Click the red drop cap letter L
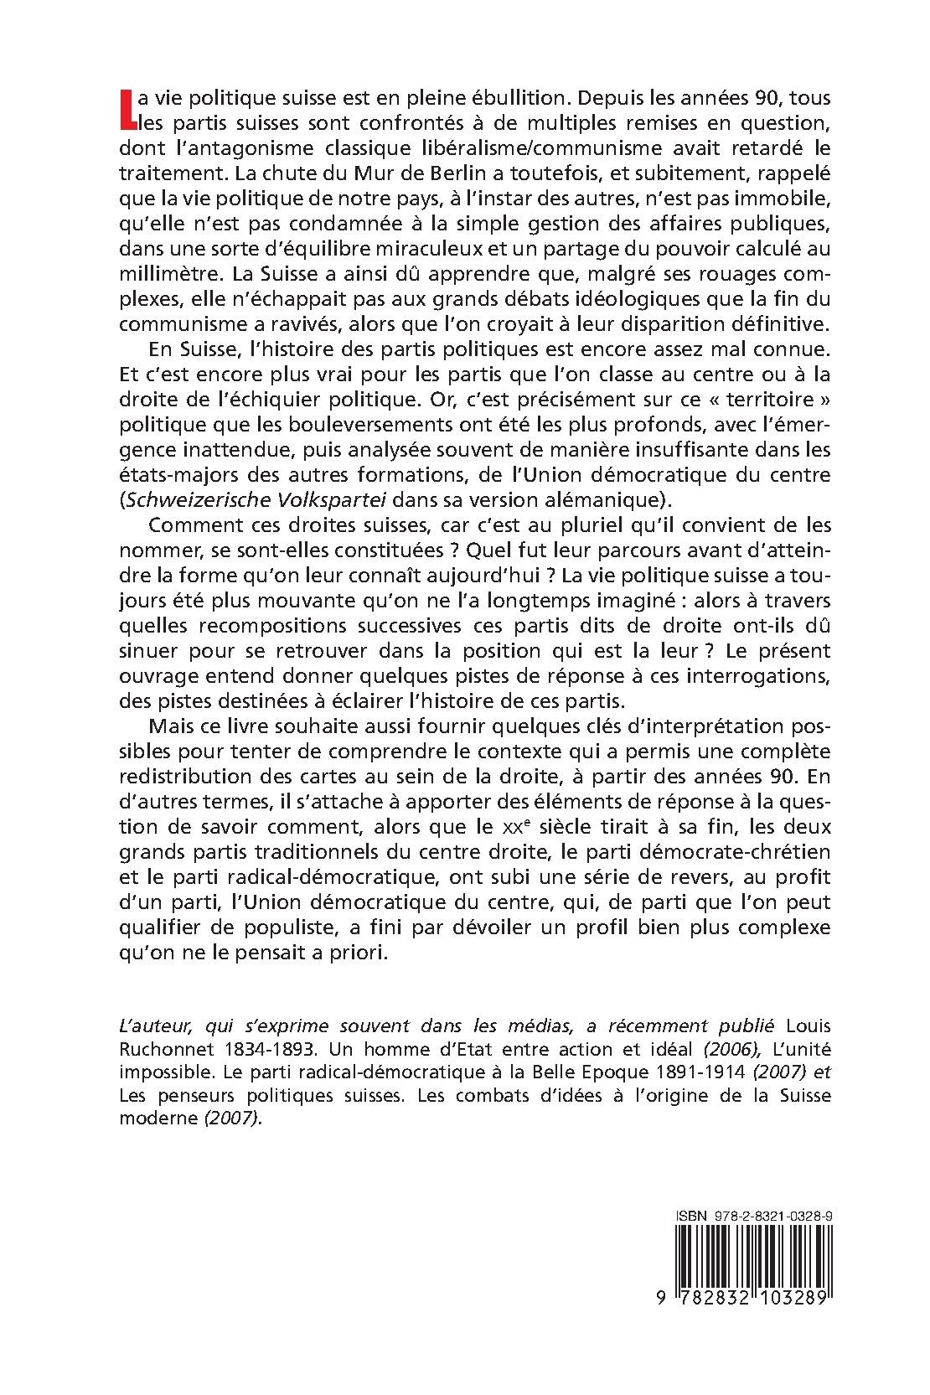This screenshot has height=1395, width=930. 127,110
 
